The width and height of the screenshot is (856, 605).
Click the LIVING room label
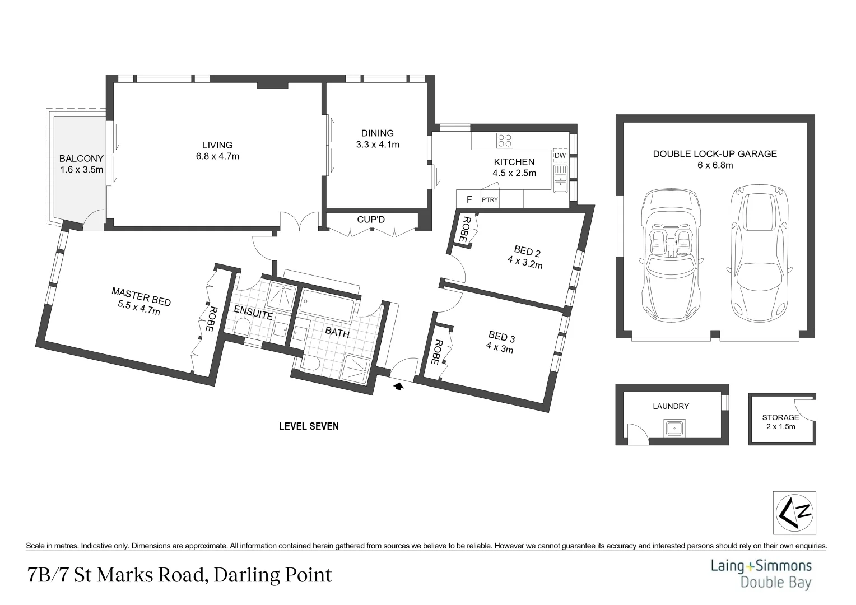pos(217,145)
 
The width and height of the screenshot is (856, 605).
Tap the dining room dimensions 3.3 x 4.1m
pos(377,145)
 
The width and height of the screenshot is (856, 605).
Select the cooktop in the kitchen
pos(505,140)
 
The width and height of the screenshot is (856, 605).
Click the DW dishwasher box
pos(560,156)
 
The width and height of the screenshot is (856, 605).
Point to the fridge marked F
pos(469,199)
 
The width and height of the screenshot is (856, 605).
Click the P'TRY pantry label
pos(490,199)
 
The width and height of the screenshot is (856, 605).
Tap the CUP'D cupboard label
pos(371,220)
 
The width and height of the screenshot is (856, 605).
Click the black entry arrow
pos(399,385)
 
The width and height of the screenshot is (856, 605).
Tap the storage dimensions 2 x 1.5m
pos(780,426)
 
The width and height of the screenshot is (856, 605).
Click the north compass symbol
pos(794,513)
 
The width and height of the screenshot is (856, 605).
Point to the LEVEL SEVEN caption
pos(309,426)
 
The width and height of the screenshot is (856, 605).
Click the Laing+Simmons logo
pos(761,573)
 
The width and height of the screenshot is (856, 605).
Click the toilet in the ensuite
pos(242,328)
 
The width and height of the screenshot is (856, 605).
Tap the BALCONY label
pos(81,159)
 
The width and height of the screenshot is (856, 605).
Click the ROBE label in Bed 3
pos(438,352)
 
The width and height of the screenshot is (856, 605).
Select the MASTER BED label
pos(141,296)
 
